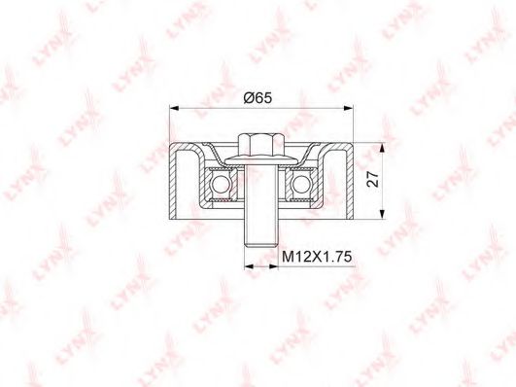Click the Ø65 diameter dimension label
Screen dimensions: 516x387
(x=258, y=98)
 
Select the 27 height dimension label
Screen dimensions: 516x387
(x=373, y=179)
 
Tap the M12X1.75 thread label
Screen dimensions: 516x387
(x=317, y=257)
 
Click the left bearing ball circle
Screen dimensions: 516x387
(x=221, y=184)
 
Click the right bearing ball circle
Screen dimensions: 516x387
(x=301, y=184)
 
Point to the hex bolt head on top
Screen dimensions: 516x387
(x=261, y=145)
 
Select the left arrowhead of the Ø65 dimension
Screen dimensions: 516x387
(x=173, y=108)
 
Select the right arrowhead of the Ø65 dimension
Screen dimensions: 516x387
(x=349, y=108)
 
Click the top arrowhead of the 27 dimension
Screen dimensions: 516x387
(x=382, y=148)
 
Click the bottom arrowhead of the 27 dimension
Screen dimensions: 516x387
(x=382, y=214)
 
